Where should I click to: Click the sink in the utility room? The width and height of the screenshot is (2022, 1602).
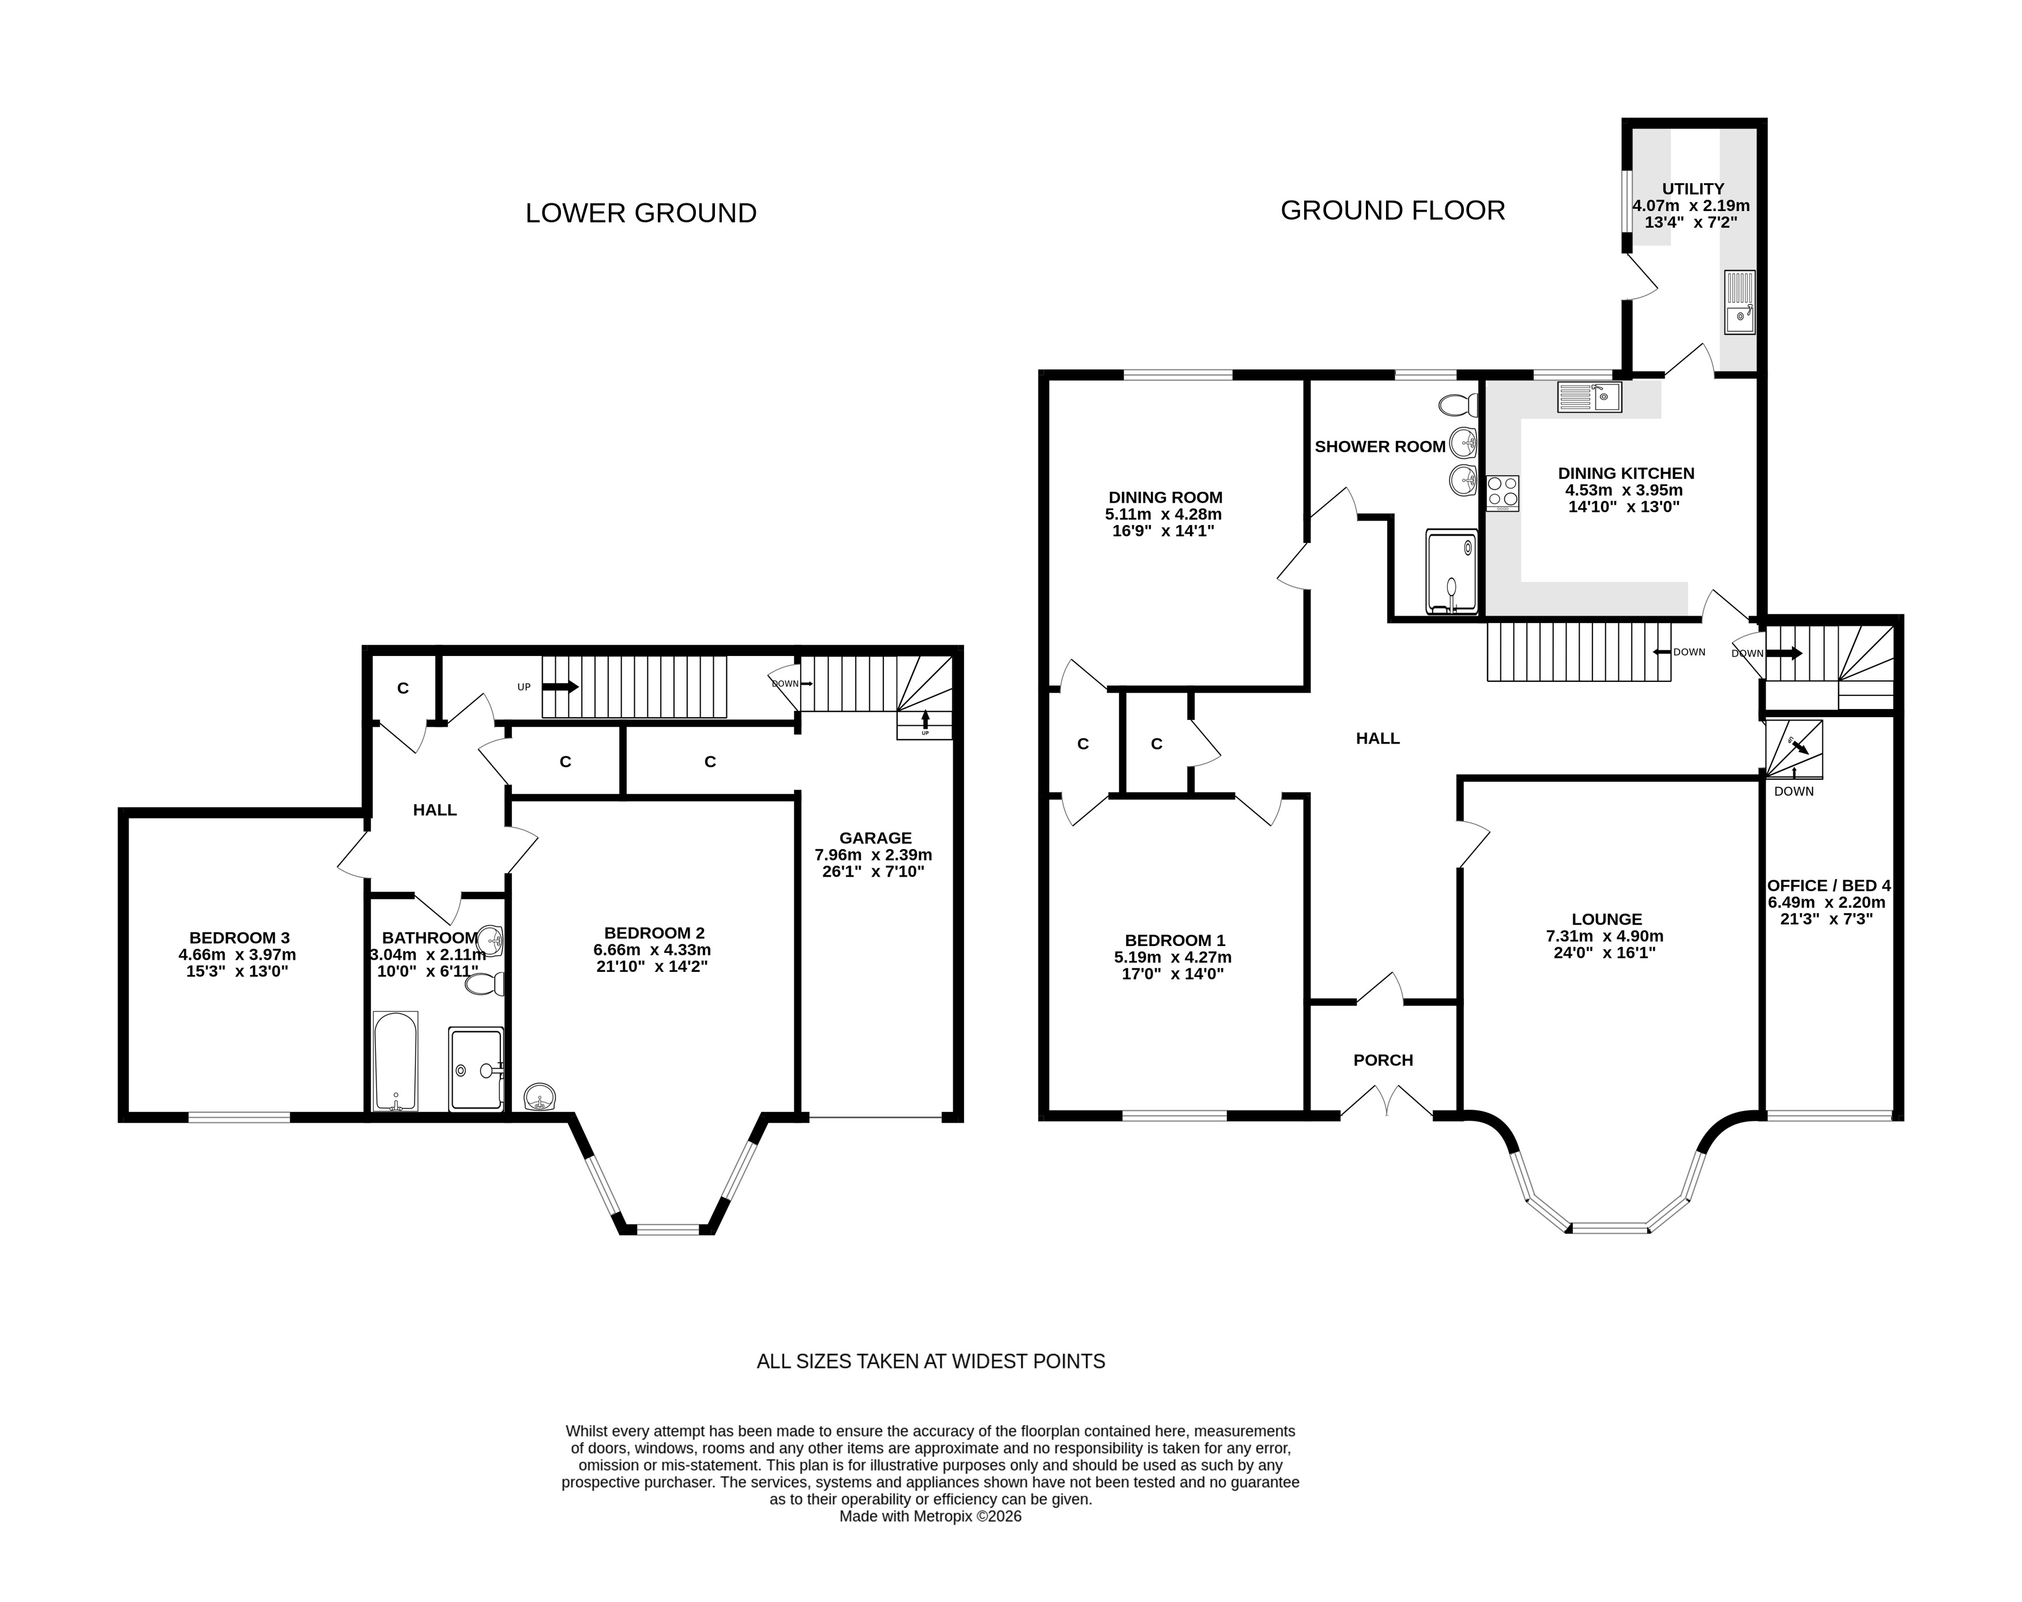(x=1739, y=302)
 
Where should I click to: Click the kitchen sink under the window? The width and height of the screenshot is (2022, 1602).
(x=1590, y=397)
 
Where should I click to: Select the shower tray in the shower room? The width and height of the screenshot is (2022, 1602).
(x=1451, y=572)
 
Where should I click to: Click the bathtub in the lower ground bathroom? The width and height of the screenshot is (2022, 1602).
(x=396, y=1061)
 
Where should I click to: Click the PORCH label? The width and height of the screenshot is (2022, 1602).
(x=1383, y=1060)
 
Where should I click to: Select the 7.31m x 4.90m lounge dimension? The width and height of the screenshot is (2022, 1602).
(x=1606, y=936)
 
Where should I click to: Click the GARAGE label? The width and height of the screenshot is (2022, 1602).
(x=875, y=838)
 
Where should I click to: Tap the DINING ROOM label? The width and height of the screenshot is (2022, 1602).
(x=1166, y=497)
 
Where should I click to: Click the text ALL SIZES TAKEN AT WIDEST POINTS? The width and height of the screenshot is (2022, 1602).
(x=931, y=1361)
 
